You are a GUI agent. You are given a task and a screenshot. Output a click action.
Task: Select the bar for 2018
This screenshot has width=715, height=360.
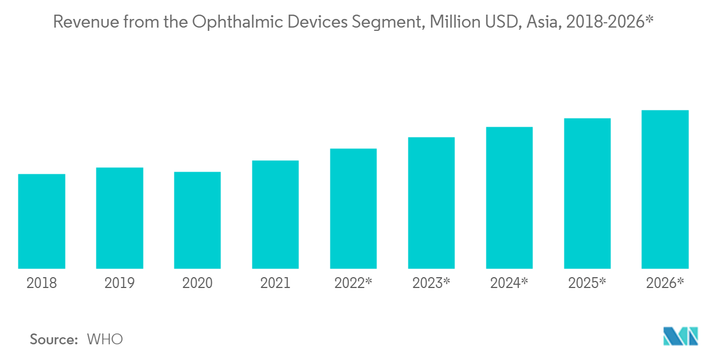point(42,221)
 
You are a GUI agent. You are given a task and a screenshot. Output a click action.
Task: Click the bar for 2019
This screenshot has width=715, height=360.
point(120,218)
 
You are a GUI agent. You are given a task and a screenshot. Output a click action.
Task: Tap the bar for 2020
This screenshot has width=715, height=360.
point(197,220)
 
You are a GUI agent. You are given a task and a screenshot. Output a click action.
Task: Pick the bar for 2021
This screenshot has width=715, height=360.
point(276,214)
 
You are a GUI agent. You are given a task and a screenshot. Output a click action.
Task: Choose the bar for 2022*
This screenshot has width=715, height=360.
point(353,209)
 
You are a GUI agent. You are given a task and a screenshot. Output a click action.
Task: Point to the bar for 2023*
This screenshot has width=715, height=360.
point(431,203)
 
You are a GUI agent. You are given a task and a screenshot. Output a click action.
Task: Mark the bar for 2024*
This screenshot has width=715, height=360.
point(509,198)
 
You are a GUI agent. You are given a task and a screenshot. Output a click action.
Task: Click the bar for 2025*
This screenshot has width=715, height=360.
point(587,193)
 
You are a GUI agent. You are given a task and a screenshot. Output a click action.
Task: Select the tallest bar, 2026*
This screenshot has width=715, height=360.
point(665,189)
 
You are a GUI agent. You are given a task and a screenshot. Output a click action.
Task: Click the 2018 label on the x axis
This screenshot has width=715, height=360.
point(42,283)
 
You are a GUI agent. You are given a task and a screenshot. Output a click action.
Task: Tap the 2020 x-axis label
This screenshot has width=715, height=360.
point(197,283)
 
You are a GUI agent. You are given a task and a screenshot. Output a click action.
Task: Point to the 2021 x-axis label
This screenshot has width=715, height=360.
point(276,283)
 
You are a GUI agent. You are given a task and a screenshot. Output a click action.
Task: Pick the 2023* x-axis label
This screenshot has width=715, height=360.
point(431,283)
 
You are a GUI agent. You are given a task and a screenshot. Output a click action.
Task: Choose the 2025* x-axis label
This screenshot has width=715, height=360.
point(587,283)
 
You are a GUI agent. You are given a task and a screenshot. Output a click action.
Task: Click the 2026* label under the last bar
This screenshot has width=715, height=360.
point(665,283)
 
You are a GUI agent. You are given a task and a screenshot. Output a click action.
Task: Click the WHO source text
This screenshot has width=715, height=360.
point(105,339)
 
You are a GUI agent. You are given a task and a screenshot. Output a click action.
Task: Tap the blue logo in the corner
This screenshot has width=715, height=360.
point(680,336)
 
